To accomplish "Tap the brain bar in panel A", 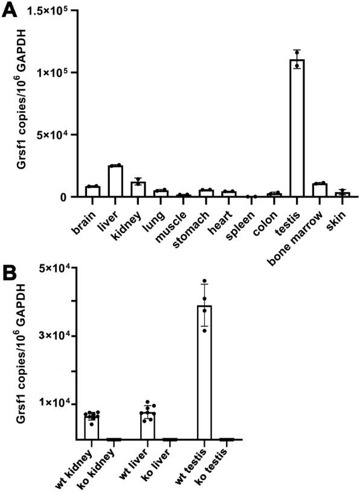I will pyautogui.click(x=92, y=191).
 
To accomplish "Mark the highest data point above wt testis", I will pyautogui.click(x=205, y=281).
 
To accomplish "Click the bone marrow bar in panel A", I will pyautogui.click(x=320, y=190).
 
